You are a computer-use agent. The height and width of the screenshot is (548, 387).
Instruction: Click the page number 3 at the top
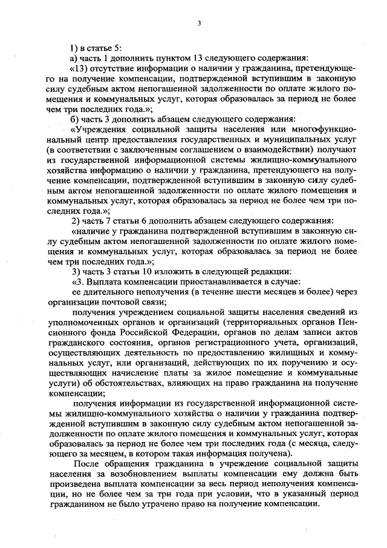coord(198,24)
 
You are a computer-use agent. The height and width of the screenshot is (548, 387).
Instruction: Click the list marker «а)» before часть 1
coord(74,58)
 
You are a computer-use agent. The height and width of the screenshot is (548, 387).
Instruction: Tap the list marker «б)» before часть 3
coord(74,118)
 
